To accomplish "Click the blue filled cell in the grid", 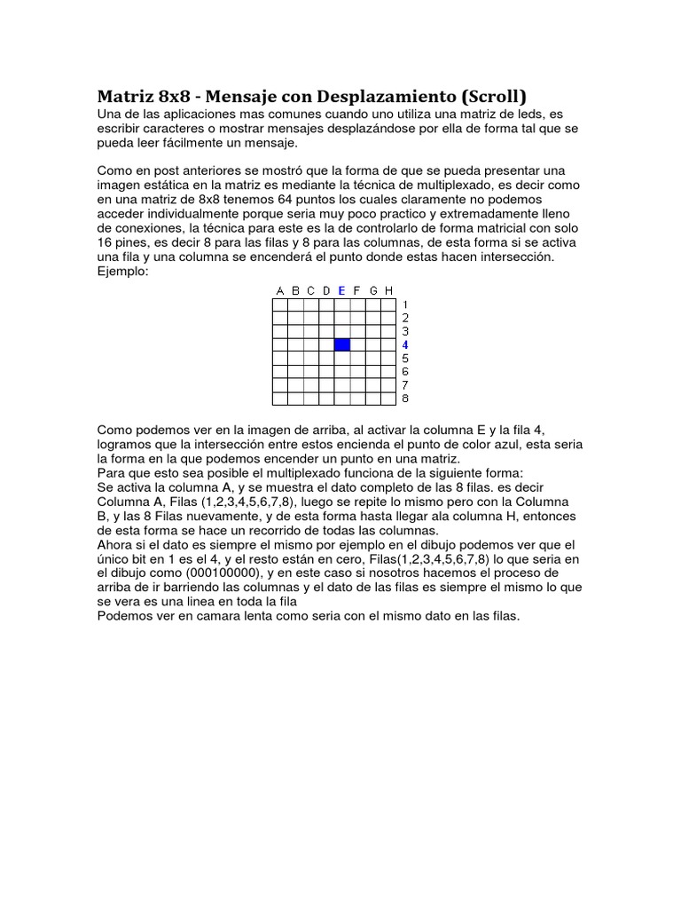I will point(342,344).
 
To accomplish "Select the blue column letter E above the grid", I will point(341,290).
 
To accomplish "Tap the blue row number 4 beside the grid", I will point(405,344).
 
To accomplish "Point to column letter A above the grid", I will point(280,290).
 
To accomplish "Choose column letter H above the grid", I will point(388,290).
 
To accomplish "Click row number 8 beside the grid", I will point(405,399).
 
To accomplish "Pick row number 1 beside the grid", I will point(405,304).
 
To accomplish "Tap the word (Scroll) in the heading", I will point(493,96).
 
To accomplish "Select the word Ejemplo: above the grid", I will point(123,271).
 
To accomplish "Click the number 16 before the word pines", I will point(106,242).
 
